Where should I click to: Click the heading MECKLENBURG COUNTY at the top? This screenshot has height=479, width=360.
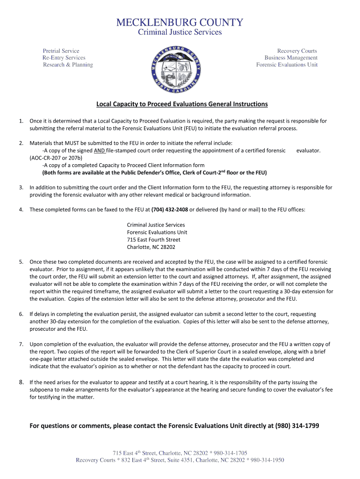pos(180,22)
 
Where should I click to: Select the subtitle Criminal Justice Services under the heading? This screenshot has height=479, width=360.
pos(180,32)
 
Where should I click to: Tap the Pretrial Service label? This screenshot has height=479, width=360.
pos(61,51)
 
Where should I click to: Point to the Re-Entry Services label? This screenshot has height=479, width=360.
pos(64,58)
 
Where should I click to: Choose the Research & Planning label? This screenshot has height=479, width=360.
pos(68,65)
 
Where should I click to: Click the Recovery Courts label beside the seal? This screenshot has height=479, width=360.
pos(297,51)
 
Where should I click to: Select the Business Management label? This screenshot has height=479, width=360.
pos(291,58)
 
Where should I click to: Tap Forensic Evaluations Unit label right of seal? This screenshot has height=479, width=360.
pos(287,65)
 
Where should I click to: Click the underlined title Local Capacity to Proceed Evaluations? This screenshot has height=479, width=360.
pos(182,104)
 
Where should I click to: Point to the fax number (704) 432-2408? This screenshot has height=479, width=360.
pos(169,210)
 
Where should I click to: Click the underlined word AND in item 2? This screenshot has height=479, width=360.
pos(99,151)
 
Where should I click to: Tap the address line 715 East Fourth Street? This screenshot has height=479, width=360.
pos(153,240)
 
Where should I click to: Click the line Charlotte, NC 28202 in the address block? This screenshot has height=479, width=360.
pos(151,247)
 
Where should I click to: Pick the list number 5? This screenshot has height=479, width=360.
pos(22,262)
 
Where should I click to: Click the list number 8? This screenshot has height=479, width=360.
pos(22,382)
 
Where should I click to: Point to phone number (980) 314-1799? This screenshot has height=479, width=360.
pos(296,426)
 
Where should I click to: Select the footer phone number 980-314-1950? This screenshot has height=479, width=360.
pos(266,460)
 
